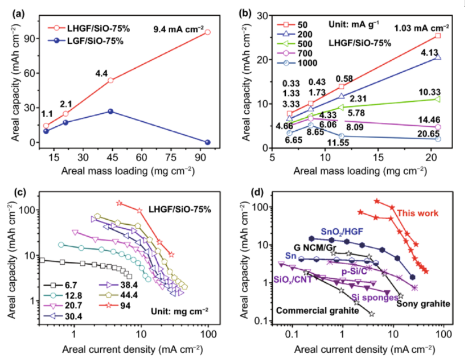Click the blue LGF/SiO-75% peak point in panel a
[x=110, y=112]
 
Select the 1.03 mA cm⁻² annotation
[x=422, y=27]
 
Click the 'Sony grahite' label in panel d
[x=423, y=304]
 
